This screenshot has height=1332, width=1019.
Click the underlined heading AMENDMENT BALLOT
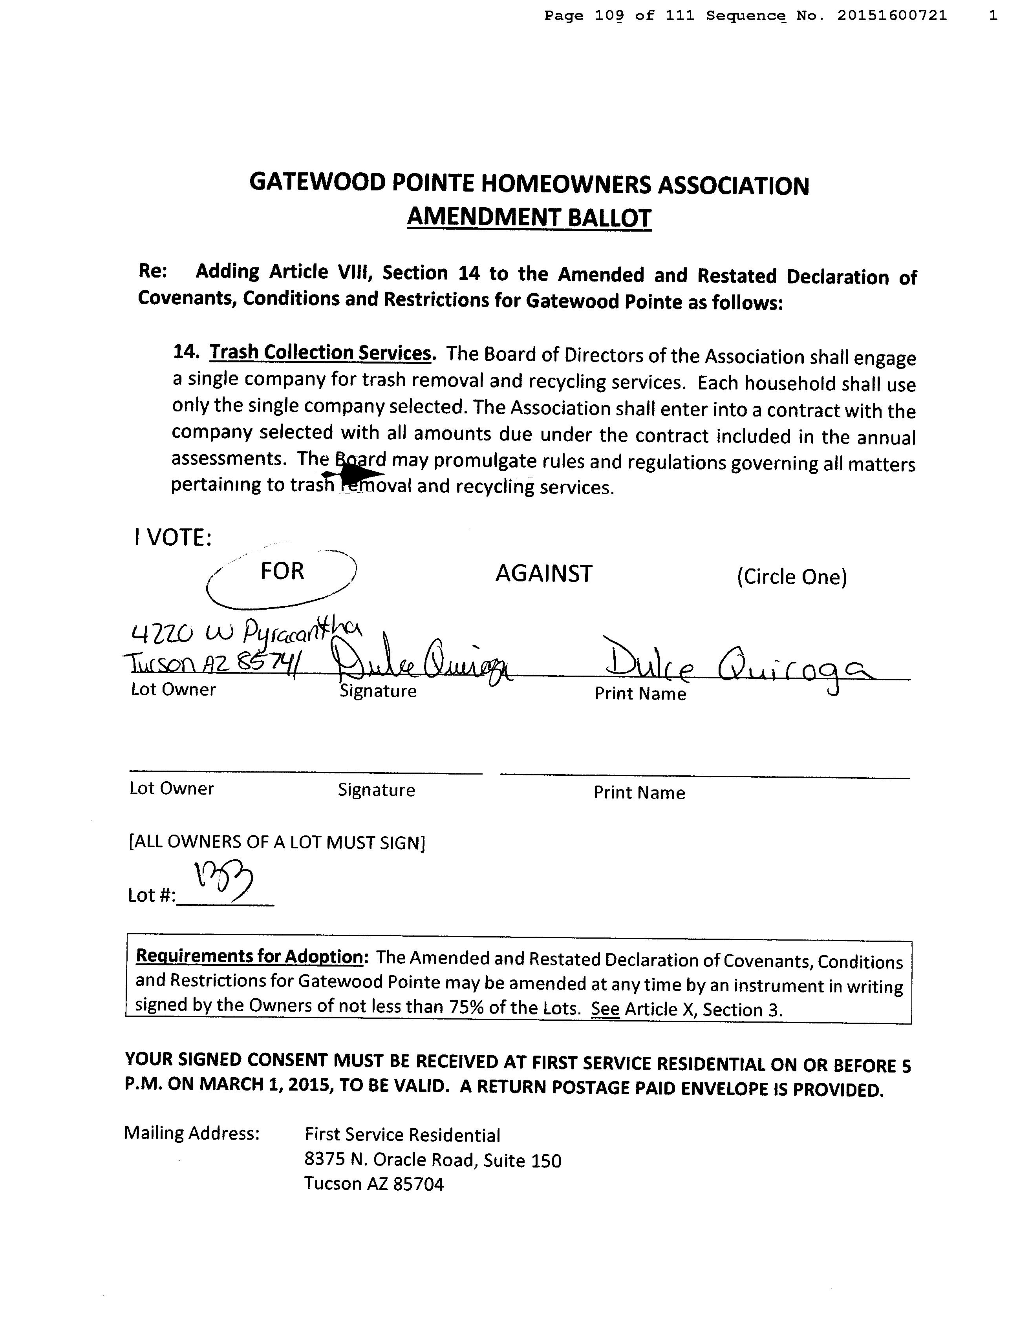529,217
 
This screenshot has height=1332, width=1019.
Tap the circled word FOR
282,571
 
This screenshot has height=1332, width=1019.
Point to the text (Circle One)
792,577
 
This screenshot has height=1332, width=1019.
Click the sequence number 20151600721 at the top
892,16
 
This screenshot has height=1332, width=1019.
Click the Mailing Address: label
192,1133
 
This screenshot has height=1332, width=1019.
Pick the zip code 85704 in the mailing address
419,1184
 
